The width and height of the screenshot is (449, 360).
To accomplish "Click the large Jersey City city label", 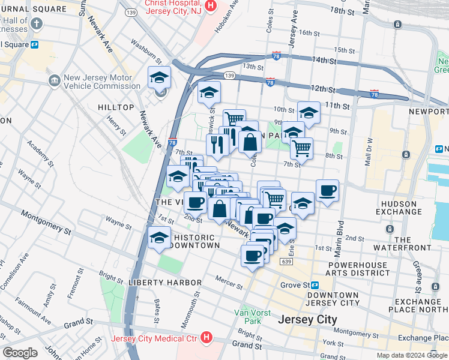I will (x=307, y=320).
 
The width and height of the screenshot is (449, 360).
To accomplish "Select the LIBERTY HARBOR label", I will (x=164, y=282).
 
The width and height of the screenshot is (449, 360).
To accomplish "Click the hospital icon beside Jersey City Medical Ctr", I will (x=206, y=338).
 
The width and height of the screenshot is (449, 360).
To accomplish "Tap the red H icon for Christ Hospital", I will (x=210, y=5).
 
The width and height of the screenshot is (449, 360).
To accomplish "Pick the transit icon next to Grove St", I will (x=315, y=285).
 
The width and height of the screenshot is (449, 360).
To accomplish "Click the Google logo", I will (x=20, y=353).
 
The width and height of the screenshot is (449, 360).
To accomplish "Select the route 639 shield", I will (x=286, y=262).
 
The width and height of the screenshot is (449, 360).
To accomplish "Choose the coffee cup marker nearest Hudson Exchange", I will (x=328, y=191).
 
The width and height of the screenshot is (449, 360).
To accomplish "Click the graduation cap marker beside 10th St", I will (x=309, y=113).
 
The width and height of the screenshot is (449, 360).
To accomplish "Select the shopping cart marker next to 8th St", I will (x=302, y=147).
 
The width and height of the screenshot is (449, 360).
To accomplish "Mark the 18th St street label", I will (x=343, y=11).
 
